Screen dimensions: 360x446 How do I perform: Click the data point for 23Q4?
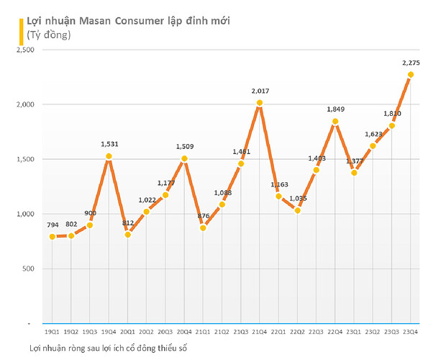click(410, 75)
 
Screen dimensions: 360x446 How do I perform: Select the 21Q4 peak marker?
click(260, 103)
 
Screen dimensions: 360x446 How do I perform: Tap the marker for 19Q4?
click(109, 156)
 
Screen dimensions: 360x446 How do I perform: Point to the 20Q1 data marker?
click(127, 235)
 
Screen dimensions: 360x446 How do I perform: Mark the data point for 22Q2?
click(297, 210)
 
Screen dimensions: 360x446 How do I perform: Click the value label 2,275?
click(410, 63)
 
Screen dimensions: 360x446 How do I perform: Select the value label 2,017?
click(260, 91)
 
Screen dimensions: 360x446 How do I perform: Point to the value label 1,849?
click(336, 109)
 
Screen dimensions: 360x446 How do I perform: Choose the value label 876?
click(203, 216)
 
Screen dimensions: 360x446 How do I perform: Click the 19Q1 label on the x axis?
click(53, 332)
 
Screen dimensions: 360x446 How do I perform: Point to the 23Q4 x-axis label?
click(410, 332)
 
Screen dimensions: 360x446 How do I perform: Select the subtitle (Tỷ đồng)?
click(49, 34)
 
